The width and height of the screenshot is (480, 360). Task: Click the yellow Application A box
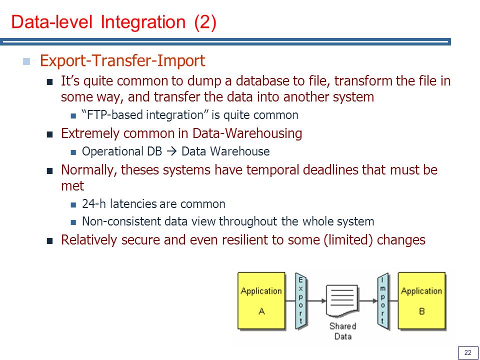tap(261, 300)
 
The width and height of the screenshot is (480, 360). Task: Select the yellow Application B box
tap(421, 300)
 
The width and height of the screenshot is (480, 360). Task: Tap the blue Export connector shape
tap(301, 301)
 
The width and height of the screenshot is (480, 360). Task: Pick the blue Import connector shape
tap(383, 301)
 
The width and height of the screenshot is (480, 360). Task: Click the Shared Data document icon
tap(342, 301)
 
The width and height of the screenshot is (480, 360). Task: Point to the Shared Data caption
tap(343, 331)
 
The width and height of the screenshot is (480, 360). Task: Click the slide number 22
tap(468, 352)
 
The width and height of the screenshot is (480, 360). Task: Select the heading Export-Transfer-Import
tap(122, 60)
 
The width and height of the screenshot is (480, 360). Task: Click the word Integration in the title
tap(143, 22)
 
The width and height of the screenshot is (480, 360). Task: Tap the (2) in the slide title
tap(205, 22)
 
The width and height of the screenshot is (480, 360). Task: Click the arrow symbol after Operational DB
tap(171, 151)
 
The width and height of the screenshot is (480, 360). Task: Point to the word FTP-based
tap(113, 115)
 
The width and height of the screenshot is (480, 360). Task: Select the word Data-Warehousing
tap(247, 133)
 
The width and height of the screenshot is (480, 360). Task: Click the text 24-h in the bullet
tap(94, 204)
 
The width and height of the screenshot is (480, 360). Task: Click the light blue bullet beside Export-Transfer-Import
tap(26, 61)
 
